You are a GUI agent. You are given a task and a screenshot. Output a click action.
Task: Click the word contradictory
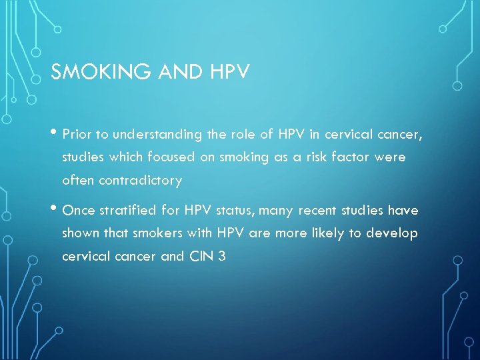[121, 180]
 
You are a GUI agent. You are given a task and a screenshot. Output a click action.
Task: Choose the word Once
[79, 211]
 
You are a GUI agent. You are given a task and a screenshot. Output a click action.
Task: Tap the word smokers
[158, 233]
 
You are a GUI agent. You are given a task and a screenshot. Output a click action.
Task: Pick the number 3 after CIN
[221, 256]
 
